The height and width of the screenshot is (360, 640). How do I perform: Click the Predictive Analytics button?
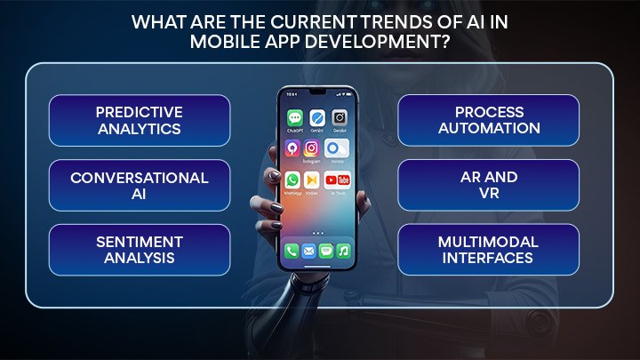[140, 120]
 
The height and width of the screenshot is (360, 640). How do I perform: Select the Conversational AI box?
[140, 185]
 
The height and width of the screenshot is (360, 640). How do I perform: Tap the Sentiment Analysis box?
[140, 250]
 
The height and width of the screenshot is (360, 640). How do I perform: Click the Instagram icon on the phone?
[312, 148]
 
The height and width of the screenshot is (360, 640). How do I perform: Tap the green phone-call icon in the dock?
[292, 252]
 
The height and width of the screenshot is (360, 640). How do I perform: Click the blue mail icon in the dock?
[308, 252]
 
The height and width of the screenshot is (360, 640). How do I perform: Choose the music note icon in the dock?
[343, 252]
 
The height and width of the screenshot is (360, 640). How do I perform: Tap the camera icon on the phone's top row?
[339, 117]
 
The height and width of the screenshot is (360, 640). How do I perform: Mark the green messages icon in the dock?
[326, 252]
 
